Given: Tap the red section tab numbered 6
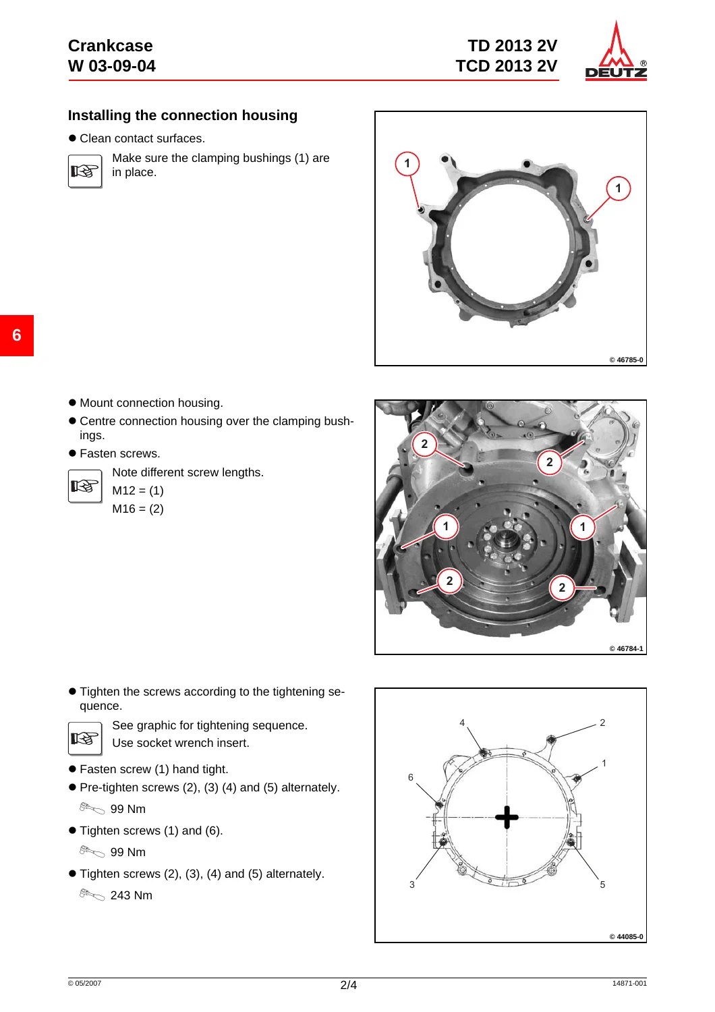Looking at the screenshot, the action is [17, 335].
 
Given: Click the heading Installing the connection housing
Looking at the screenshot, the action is [183, 115].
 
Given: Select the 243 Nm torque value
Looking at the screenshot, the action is [132, 895].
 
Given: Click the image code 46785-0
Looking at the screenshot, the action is [626, 360].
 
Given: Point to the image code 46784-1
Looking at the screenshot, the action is [626, 648].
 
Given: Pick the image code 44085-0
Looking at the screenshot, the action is [626, 936].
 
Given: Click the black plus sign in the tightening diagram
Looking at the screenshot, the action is [507, 817].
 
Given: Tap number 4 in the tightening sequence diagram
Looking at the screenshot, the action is [462, 723].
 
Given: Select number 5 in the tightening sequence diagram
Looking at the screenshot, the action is [602, 884].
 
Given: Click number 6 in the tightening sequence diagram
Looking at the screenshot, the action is [411, 777].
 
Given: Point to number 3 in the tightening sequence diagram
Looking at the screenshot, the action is [412, 884].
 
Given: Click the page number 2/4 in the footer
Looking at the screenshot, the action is [349, 985].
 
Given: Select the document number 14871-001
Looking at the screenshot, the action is [629, 983].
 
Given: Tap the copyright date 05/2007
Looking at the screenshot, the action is [84, 983].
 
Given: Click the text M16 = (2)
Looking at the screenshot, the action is [138, 509].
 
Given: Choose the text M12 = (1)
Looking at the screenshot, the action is [138, 490].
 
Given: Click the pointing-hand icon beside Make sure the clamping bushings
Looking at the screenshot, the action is [85, 171].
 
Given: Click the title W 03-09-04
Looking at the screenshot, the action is [111, 66].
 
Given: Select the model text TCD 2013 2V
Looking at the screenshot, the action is [507, 66].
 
